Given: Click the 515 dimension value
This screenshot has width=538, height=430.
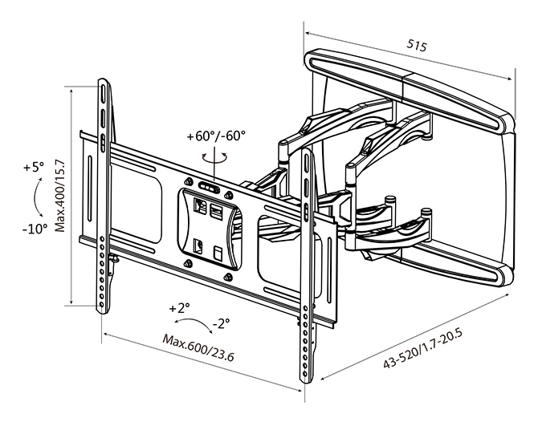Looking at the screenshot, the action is (x=417, y=45).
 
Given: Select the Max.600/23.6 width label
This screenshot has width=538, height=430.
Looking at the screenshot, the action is (x=198, y=347).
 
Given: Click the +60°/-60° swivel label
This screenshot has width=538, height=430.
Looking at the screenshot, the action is (x=216, y=136).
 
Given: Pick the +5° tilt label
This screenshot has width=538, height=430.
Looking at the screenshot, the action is (x=34, y=168).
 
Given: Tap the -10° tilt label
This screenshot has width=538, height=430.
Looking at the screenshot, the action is (x=35, y=229).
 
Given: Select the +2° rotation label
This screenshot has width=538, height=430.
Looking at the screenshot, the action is (x=179, y=308).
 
